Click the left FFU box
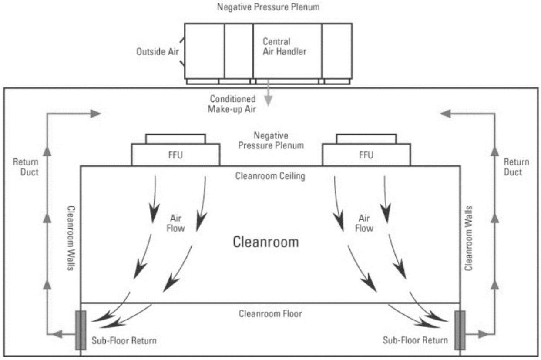175,155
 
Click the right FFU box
366,155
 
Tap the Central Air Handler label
284,47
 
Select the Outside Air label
158,51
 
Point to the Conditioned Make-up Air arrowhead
268,101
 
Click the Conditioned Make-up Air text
232,104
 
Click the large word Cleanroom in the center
265,242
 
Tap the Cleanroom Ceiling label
270,176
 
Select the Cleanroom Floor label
270,313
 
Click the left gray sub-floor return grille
81,330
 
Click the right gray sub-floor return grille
460,330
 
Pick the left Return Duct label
26,167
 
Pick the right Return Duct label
516,167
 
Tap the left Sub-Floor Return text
124,341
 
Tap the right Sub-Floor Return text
415,340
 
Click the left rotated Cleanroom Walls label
71,239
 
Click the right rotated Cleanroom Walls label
468,239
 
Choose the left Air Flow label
175,223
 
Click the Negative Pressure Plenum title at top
268,7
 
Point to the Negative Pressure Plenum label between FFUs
271,140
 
